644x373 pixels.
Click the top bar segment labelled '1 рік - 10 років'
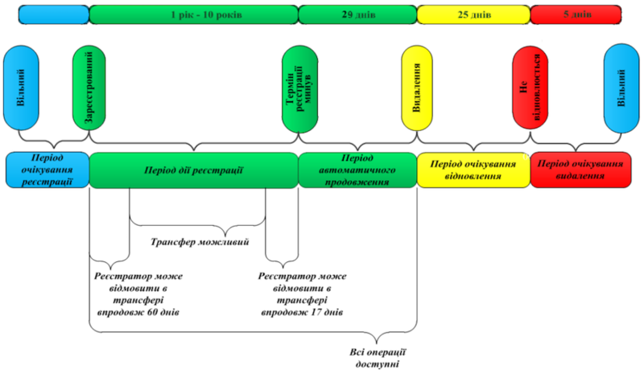pos(193,14)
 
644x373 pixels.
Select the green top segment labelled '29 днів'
pos(357,14)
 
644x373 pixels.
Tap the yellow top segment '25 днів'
pos(473,14)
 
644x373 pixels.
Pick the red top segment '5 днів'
pos(576,14)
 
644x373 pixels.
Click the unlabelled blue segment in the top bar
pos(53,14)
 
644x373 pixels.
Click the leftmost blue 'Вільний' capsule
pos(20,88)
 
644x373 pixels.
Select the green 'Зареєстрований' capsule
pos(85,88)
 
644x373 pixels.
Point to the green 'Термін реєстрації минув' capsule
pos(299,88)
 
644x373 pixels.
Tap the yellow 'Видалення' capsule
pos(416,88)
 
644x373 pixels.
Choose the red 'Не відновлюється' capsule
pos(529,88)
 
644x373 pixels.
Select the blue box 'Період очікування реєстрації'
pos(46,170)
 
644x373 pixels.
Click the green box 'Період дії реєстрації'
pos(193,170)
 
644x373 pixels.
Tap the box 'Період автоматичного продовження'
pos(357,170)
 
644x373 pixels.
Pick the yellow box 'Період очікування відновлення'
pos(473,170)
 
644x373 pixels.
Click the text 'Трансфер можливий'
pos(200,242)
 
